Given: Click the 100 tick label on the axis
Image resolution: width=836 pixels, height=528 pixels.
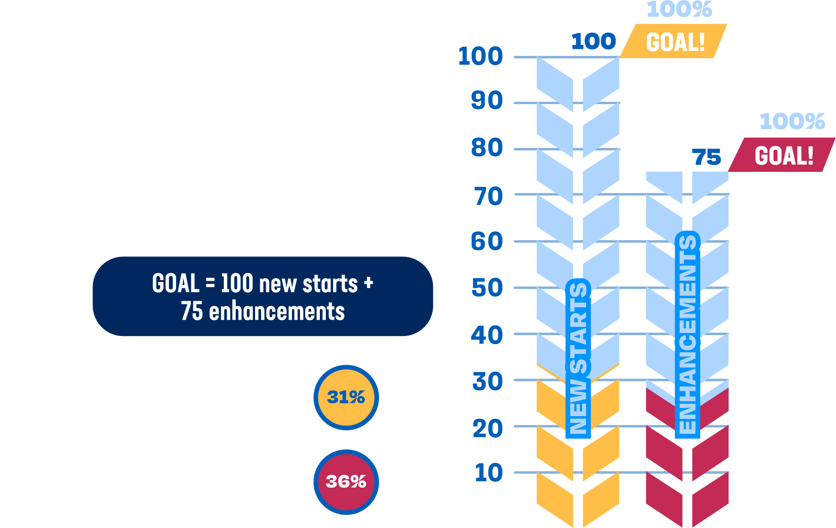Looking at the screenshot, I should [x=480, y=56].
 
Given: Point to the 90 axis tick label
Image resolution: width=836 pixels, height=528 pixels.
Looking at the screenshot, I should [x=487, y=101].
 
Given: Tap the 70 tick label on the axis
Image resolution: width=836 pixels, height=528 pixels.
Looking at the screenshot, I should [x=488, y=197].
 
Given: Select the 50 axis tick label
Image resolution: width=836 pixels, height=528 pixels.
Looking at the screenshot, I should [x=487, y=288].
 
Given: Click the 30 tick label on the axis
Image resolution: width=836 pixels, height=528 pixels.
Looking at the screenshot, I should [x=487, y=381].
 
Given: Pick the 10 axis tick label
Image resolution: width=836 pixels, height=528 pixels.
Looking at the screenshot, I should [x=488, y=473].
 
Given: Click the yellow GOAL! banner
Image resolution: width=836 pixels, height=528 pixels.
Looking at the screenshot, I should [x=674, y=42].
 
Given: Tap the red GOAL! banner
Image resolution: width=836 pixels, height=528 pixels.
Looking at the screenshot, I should [x=783, y=155].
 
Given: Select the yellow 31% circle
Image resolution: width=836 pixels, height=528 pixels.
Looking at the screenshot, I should [x=346, y=397].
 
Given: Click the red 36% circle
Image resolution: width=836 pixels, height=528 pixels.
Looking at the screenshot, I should [x=346, y=482].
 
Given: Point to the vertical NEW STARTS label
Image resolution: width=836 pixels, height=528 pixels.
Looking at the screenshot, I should [x=578, y=358].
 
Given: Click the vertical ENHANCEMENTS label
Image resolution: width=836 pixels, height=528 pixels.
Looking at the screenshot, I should [x=688, y=334].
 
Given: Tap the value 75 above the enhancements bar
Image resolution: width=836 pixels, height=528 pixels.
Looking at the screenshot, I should [x=706, y=157].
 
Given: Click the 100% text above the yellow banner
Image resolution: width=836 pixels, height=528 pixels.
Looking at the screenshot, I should [x=679, y=9].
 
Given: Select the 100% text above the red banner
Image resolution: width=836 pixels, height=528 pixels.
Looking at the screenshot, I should [x=792, y=121].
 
